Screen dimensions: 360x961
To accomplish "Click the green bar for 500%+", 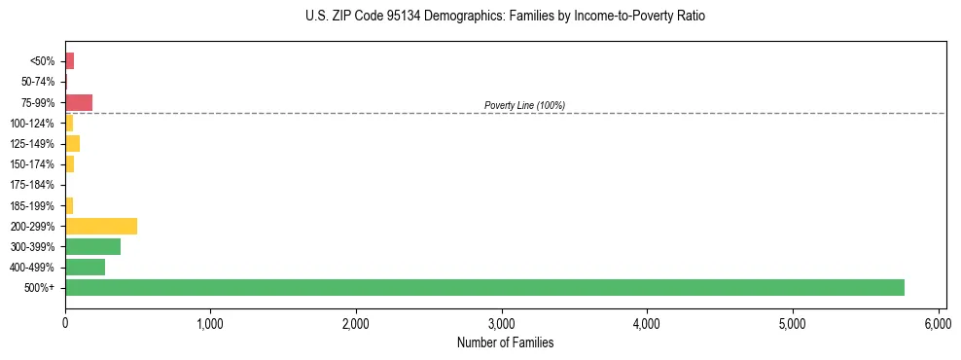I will [x=484, y=287].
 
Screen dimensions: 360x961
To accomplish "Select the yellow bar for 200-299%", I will [x=101, y=226].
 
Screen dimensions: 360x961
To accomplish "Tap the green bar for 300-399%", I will [x=92, y=246].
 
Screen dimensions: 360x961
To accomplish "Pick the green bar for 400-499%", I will [x=85, y=267].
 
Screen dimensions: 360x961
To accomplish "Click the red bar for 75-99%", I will [x=79, y=102].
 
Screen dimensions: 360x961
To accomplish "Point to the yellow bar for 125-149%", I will [x=72, y=144].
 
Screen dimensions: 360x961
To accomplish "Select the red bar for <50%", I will [x=69, y=61].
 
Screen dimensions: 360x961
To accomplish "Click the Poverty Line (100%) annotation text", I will [x=524, y=105].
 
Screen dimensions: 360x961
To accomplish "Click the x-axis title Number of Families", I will [x=505, y=342].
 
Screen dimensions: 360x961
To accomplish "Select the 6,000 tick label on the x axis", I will [x=938, y=323].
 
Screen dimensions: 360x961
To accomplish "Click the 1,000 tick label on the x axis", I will [x=210, y=323].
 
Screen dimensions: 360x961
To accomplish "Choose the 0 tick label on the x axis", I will [x=65, y=323].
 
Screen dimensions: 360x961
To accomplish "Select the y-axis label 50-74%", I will [x=38, y=82].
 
